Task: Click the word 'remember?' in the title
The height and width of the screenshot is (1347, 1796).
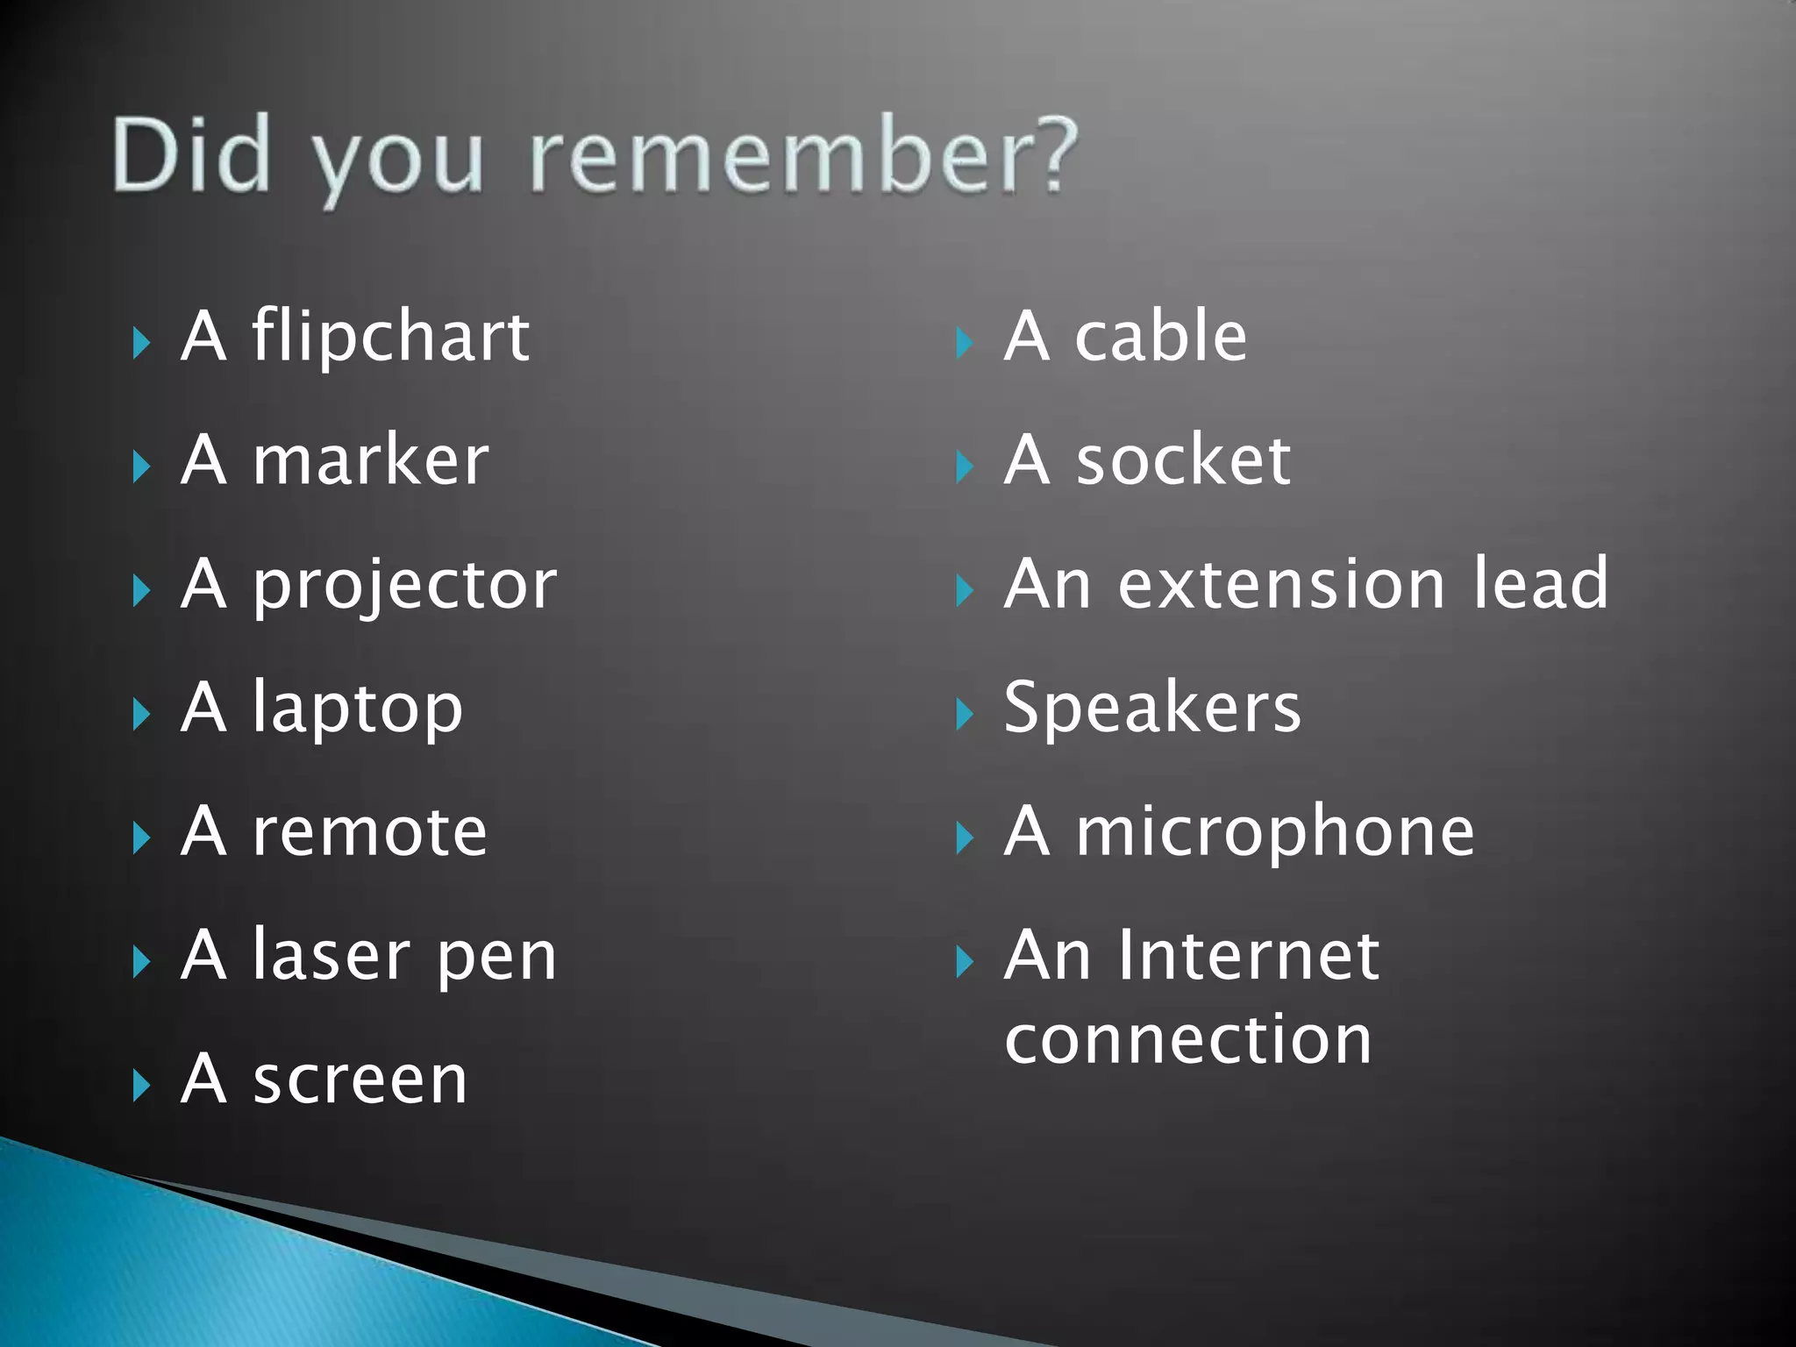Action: [x=803, y=155]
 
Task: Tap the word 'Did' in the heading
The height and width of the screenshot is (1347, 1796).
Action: [x=190, y=155]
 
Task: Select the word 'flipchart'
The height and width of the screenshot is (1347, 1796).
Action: [x=390, y=337]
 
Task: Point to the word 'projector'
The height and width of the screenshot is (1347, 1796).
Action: [x=404, y=586]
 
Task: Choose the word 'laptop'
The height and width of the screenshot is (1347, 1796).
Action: [x=357, y=709]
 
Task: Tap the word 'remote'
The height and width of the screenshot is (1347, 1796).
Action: [x=369, y=832]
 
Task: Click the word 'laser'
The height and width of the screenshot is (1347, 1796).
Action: [x=331, y=956]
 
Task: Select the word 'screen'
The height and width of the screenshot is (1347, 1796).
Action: [x=360, y=1080]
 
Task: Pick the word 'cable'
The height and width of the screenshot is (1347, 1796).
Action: [x=1160, y=337]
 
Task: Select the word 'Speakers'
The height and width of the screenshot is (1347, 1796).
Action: [x=1152, y=708]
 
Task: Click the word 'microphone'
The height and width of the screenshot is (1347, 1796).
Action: [x=1275, y=832]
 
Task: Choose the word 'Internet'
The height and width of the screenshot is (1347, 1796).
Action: [x=1248, y=956]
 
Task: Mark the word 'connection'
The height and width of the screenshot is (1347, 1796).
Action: [x=1188, y=1040]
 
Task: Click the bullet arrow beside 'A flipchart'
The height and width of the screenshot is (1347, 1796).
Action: [x=141, y=343]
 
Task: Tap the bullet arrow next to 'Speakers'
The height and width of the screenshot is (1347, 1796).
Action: [x=964, y=715]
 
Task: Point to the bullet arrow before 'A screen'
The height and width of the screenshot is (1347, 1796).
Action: [x=141, y=1087]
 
